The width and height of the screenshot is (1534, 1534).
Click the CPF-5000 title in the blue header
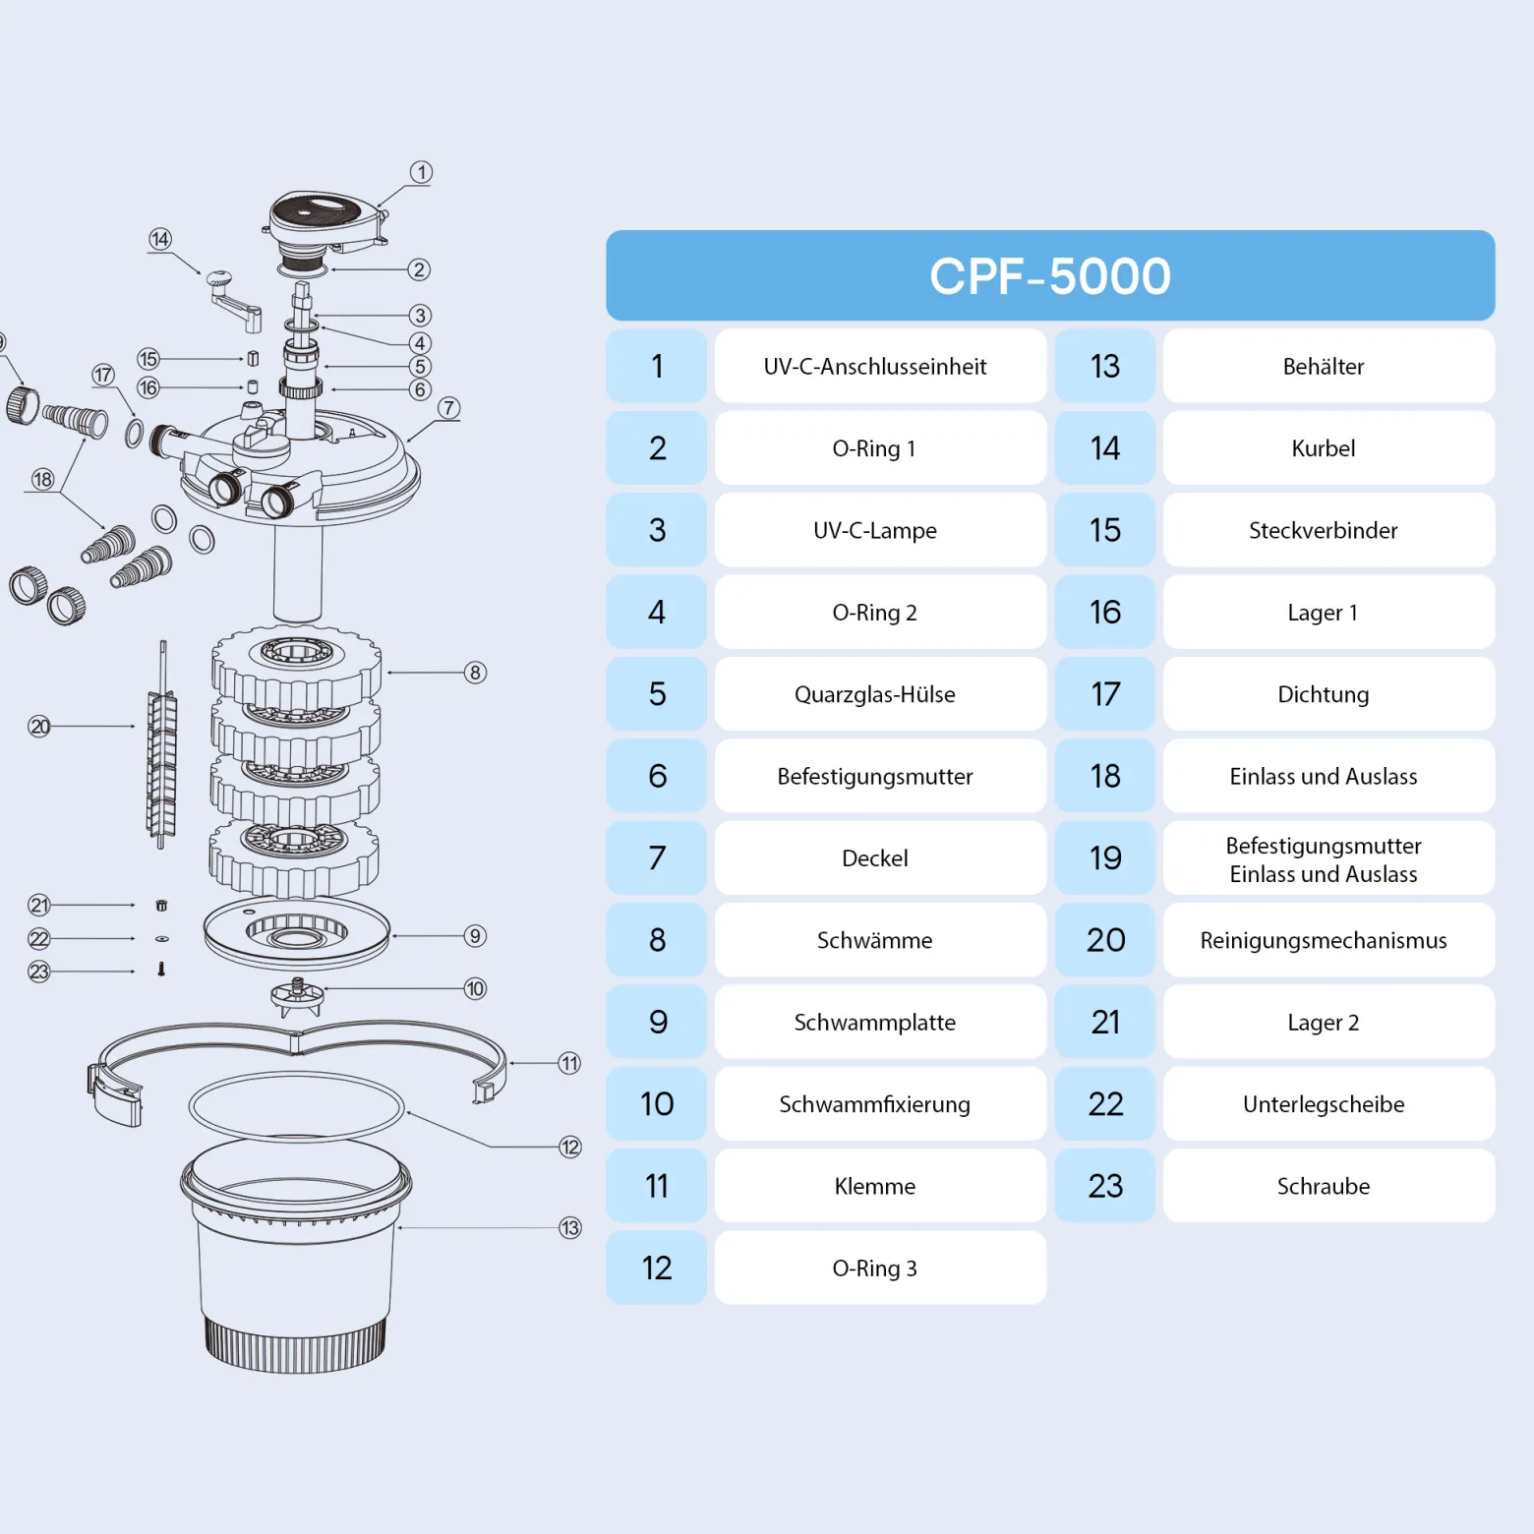(x=1050, y=276)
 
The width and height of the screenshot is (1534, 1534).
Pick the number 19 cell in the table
(x=1105, y=858)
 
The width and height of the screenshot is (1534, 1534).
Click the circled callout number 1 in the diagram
(x=421, y=172)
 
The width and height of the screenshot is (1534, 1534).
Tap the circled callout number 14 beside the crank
(x=160, y=239)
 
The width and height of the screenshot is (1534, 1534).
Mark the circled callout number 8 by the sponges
(x=475, y=673)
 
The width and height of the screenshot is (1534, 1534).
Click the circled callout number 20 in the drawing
(x=39, y=727)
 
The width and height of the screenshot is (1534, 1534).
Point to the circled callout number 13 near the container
(x=570, y=1228)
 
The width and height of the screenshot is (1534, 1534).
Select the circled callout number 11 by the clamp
(x=569, y=1063)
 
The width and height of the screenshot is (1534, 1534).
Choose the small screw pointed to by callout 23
(x=161, y=970)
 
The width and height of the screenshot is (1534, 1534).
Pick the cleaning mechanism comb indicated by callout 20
(x=162, y=744)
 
